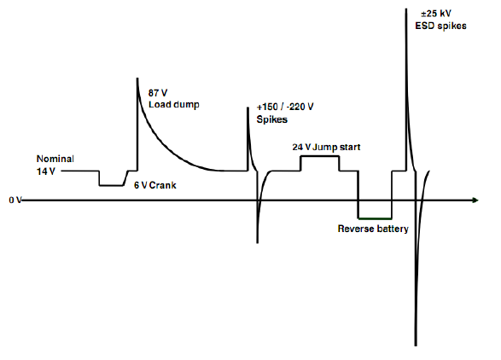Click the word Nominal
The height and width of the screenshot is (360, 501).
coord(55,159)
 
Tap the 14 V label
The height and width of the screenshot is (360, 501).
coord(46,171)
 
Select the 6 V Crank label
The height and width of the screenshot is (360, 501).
coord(155,185)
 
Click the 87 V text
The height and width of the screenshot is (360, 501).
coord(158,93)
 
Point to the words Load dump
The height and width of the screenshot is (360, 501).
coord(174,104)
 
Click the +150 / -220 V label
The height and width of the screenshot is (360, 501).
coord(285,107)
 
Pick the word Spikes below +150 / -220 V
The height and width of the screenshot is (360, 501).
coord(272,119)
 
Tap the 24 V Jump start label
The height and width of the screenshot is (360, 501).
coord(326,147)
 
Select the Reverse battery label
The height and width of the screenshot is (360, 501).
coord(373,229)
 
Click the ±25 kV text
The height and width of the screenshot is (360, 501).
coord(436,14)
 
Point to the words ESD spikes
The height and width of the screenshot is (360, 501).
coord(440,26)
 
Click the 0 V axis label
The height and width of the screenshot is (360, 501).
coord(15,200)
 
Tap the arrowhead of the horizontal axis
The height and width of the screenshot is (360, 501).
coord(475,200)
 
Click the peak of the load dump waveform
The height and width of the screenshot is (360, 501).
coord(137,78)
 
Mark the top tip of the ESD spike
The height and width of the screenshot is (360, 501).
coord(406,9)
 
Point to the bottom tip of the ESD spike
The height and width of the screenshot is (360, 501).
coord(416,345)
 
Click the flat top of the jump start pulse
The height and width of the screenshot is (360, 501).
coord(320,156)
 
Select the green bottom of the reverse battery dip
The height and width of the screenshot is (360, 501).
coord(376,218)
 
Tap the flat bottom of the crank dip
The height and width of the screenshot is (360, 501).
coord(111,185)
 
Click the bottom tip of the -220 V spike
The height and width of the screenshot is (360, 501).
coord(258,243)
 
